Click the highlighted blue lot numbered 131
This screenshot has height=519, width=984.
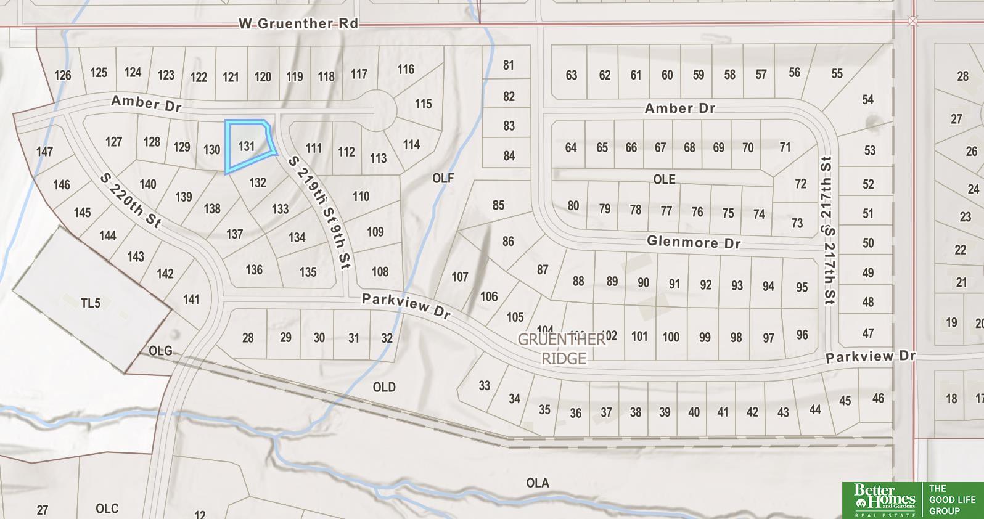click(248, 146)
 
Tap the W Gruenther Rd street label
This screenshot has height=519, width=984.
click(298, 23)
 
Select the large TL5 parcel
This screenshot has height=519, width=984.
click(91, 303)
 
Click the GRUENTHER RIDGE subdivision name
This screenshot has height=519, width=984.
click(562, 348)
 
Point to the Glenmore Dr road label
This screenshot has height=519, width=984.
click(693, 242)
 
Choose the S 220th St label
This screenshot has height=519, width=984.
click(129, 201)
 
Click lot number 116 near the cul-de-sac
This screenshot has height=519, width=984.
click(406, 69)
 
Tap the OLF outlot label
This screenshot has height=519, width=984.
click(443, 178)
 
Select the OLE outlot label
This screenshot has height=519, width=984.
click(664, 179)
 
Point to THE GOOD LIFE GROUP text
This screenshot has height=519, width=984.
click(952, 500)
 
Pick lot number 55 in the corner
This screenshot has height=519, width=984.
click(837, 73)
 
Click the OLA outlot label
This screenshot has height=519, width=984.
click(538, 483)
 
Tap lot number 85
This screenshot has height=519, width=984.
click(498, 205)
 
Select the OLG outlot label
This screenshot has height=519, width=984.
click(160, 351)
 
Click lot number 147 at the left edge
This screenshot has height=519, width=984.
click(44, 151)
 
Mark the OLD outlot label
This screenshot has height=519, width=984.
click(384, 387)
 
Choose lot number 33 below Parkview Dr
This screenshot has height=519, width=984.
click(485, 385)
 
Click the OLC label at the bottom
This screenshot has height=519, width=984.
click(107, 509)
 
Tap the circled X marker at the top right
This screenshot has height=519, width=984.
click(912, 21)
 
